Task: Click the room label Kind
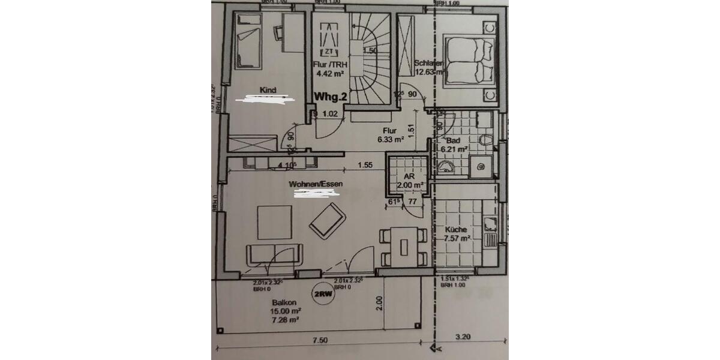pyautogui.click(x=268, y=90)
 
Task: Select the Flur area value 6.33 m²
pyautogui.click(x=391, y=140)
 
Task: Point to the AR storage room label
pyautogui.click(x=409, y=177)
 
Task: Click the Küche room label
pyautogui.click(x=456, y=230)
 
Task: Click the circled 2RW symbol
pyautogui.click(x=323, y=293)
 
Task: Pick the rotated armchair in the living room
pyautogui.click(x=328, y=221)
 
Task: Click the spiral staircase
pyautogui.click(x=366, y=60)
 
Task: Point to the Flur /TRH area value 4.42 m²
pyautogui.click(x=329, y=74)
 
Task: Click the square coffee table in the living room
pyautogui.click(x=274, y=223)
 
